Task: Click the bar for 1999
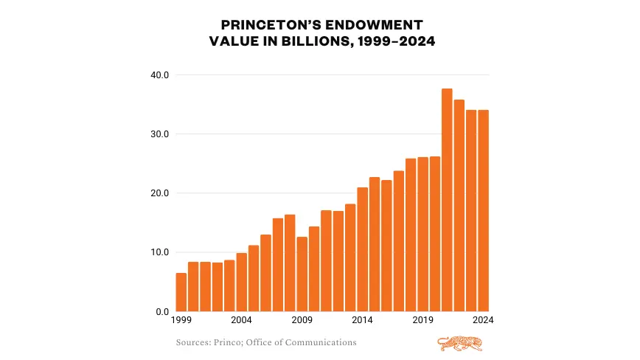coord(181,292)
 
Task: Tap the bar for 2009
coord(302,274)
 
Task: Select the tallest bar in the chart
coord(447,200)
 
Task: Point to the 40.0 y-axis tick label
coord(160,75)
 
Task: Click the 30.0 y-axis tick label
coord(160,134)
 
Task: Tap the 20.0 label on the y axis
coord(160,193)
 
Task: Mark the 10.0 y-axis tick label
coord(160,252)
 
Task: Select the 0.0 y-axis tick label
coord(162,311)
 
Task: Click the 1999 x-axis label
coord(181,321)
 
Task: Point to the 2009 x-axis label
coord(302,321)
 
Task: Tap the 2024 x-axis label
coord(483,321)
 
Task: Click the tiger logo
coord(460,343)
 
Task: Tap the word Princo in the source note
coord(229,342)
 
